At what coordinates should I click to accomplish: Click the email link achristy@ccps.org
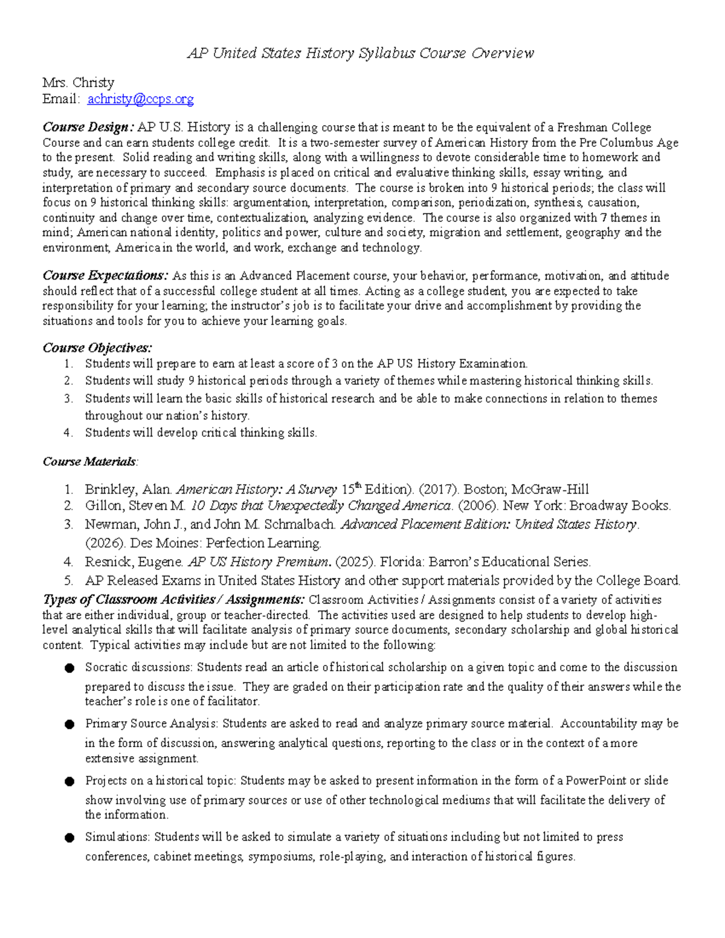pos(140,99)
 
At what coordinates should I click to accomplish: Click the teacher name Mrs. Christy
pos(78,83)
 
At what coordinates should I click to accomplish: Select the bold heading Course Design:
pos(88,127)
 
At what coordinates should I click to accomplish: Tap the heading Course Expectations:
pos(105,276)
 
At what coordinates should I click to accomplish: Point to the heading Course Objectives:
pos(97,348)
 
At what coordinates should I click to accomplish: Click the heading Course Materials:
pos(90,462)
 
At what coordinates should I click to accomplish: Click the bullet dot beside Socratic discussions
pos(69,668)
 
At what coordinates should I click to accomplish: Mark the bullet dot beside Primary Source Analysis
pos(69,724)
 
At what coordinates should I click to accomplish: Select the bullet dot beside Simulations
pos(69,838)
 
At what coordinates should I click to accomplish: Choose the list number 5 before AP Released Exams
pos(69,581)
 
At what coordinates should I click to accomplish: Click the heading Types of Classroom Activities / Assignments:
pos(173,600)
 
